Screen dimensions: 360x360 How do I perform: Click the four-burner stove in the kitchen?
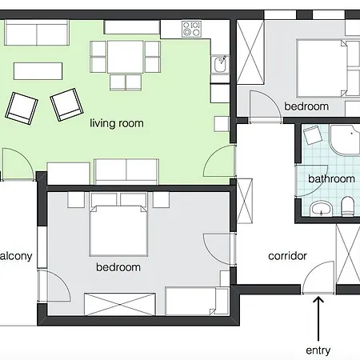(191, 30)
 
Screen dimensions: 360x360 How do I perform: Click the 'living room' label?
(117, 122)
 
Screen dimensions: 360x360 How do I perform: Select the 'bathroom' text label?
(330, 179)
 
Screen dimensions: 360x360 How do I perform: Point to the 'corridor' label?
(287, 256)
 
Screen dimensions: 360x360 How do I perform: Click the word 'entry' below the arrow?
(318, 350)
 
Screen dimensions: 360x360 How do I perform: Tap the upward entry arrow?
(318, 317)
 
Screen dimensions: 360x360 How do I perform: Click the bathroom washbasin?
(321, 210)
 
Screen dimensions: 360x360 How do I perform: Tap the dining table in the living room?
(126, 57)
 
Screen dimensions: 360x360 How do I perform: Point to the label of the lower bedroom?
(118, 267)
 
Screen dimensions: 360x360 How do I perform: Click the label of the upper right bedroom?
(306, 106)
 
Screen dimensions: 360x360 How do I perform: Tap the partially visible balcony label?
(16, 256)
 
